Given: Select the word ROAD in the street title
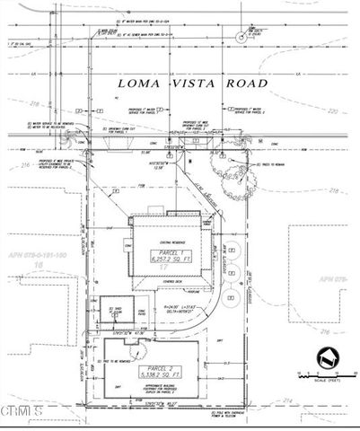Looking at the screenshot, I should pos(246,83).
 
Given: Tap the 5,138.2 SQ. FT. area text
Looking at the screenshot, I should pos(155,378).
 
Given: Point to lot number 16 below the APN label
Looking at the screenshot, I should pos(39,267).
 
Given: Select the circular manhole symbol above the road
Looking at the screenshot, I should pos(240,38).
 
